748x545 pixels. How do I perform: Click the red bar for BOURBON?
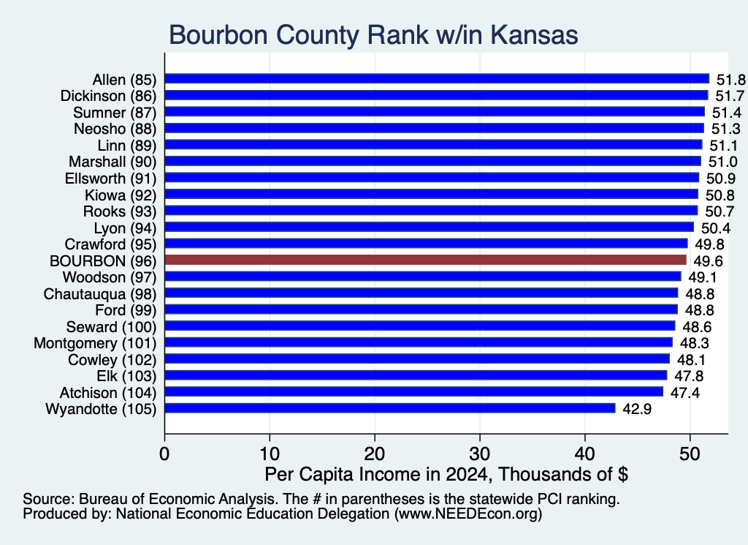(x=426, y=260)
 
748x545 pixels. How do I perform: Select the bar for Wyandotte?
(x=390, y=408)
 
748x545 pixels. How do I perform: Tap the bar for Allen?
(x=437, y=79)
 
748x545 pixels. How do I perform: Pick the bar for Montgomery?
(x=419, y=342)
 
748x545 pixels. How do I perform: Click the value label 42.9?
(x=637, y=409)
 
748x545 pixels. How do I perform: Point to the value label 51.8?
(x=730, y=80)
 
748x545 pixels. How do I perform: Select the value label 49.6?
(x=708, y=261)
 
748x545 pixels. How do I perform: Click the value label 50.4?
(x=716, y=228)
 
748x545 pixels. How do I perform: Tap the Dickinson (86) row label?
(x=108, y=96)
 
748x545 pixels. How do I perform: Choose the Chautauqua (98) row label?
(x=100, y=294)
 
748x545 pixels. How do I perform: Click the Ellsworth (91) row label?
(x=111, y=178)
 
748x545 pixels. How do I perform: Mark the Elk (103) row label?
(x=126, y=376)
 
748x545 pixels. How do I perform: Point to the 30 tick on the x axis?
(x=480, y=437)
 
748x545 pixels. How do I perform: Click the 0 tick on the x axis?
(x=164, y=437)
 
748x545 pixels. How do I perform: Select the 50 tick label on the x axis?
(x=690, y=454)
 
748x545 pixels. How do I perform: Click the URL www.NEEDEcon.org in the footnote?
(x=468, y=514)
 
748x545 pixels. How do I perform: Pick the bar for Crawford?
(x=427, y=244)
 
